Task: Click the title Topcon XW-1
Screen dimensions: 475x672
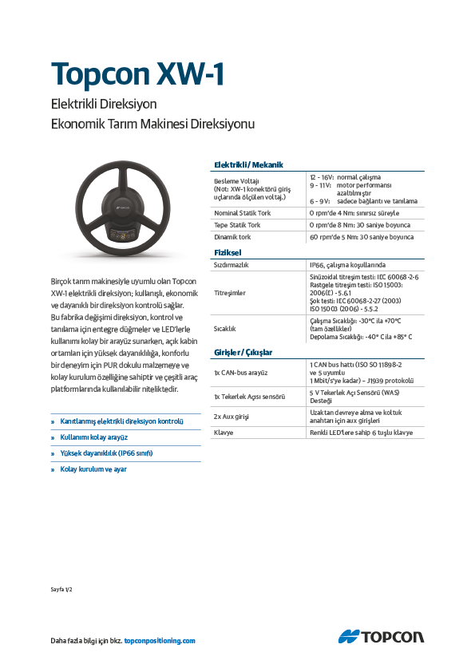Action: pyautogui.click(x=137, y=74)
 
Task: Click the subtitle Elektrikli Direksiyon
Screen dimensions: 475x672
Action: pyautogui.click(x=104, y=105)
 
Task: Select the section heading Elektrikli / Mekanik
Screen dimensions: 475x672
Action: pyautogui.click(x=247, y=164)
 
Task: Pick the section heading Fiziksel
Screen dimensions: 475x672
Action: pyautogui.click(x=228, y=252)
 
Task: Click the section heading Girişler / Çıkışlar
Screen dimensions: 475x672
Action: pyautogui.click(x=243, y=352)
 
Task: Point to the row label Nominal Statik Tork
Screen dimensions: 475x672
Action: pyautogui.click(x=242, y=213)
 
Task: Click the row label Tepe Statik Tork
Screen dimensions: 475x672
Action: pyautogui.click(x=237, y=225)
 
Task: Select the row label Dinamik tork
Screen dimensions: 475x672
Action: pyautogui.click(x=232, y=237)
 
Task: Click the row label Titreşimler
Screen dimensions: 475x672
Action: pyautogui.click(x=230, y=292)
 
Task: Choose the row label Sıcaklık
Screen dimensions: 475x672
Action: pyautogui.click(x=224, y=328)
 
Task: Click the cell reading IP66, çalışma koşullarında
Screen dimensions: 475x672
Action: pyautogui.click(x=347, y=264)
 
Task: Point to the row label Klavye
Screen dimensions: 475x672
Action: pyautogui.click(x=223, y=433)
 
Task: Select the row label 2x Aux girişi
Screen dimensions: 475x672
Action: pyautogui.click(x=232, y=416)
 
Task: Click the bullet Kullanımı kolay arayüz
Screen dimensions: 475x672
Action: pyautogui.click(x=94, y=437)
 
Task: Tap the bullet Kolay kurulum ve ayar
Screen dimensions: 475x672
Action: pyautogui.click(x=93, y=469)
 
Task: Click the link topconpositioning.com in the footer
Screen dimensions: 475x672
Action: pyautogui.click(x=160, y=641)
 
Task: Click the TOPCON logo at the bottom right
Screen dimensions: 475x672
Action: pyautogui.click(x=381, y=636)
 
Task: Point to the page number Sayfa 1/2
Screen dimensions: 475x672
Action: pyautogui.click(x=61, y=589)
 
